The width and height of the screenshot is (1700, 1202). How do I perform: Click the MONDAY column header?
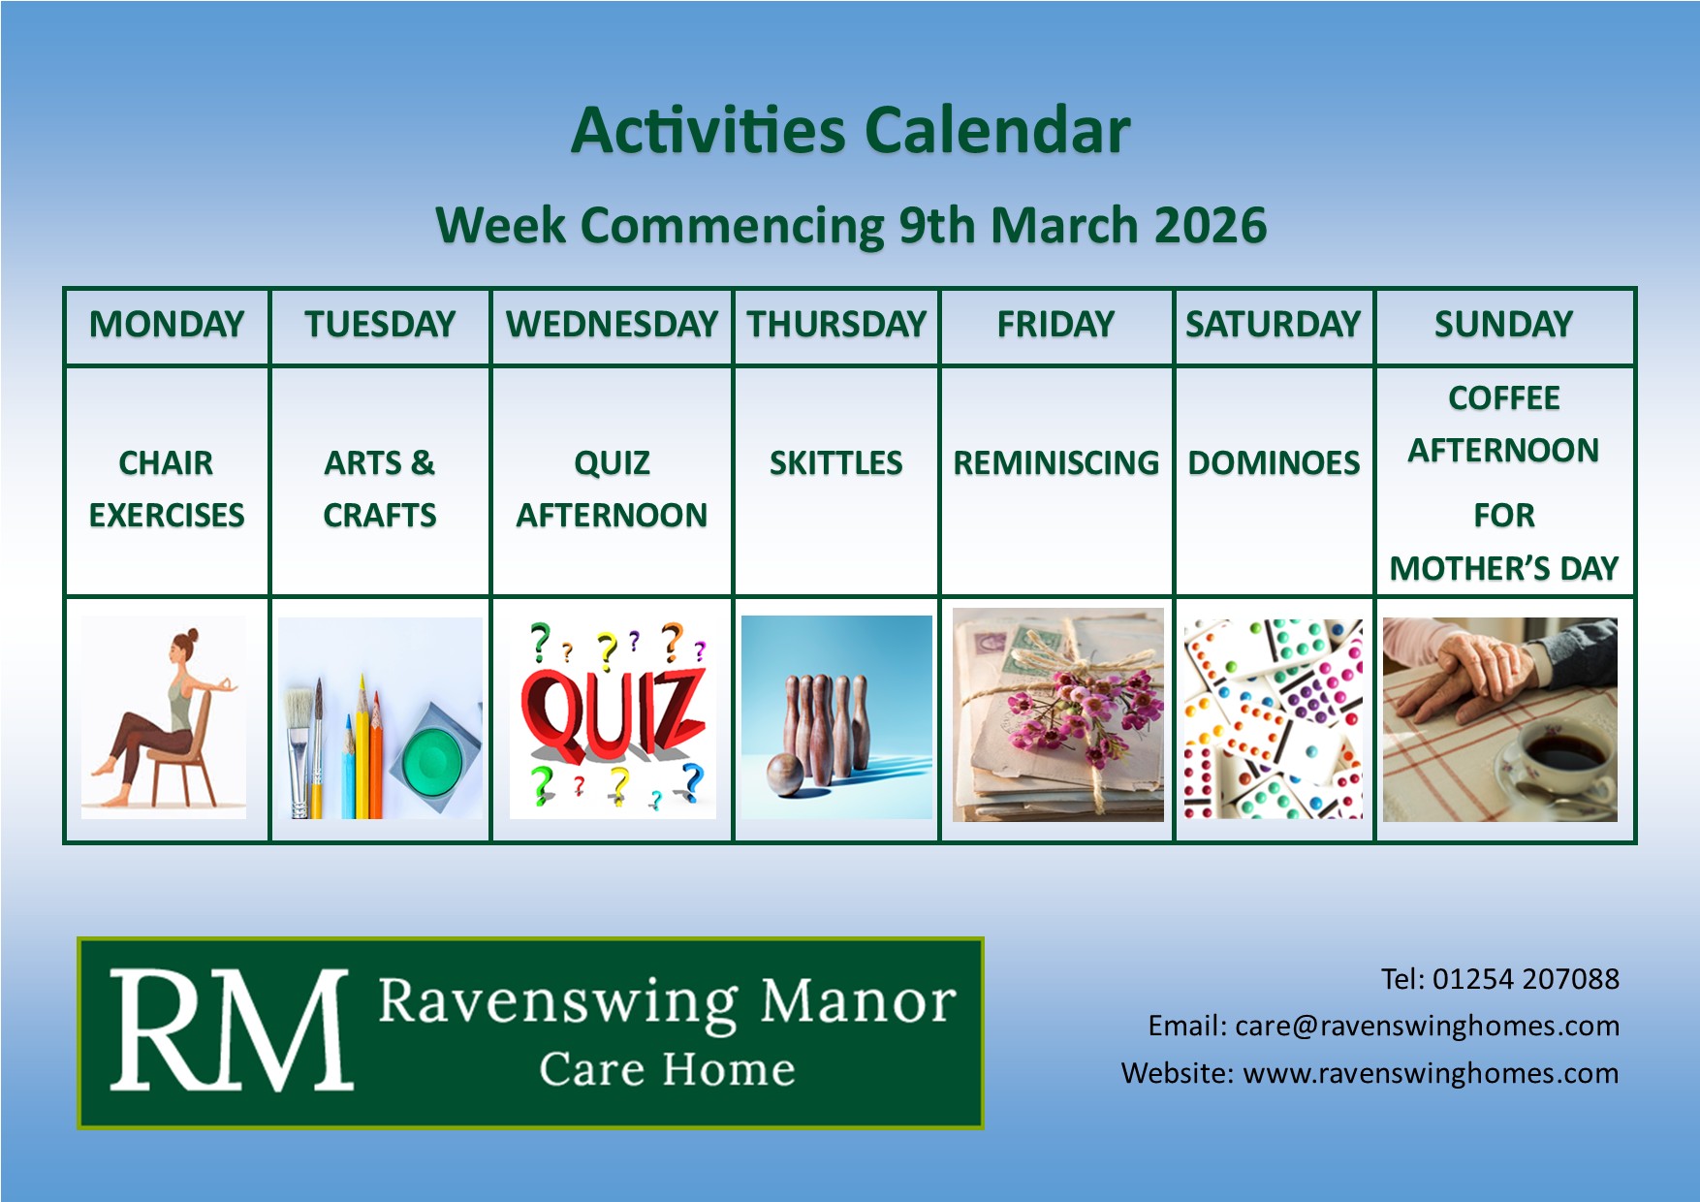tap(167, 324)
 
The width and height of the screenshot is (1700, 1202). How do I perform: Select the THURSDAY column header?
tap(836, 324)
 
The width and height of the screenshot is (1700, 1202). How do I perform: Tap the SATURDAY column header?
tap(1274, 324)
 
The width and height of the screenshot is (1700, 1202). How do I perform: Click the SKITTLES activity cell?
tap(836, 463)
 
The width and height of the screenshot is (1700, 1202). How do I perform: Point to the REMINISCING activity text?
tap(1056, 463)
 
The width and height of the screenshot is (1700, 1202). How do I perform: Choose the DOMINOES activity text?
tap(1275, 463)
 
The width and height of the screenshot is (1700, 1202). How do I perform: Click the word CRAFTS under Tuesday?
tap(380, 516)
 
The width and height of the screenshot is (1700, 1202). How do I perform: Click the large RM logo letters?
tap(230, 1031)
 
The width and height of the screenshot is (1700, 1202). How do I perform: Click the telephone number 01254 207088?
tap(1526, 979)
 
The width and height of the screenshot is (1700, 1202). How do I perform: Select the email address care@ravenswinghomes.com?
tap(1427, 1026)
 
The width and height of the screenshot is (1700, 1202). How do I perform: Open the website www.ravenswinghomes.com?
tap(1431, 1073)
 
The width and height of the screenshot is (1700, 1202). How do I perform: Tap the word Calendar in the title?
tap(997, 131)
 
